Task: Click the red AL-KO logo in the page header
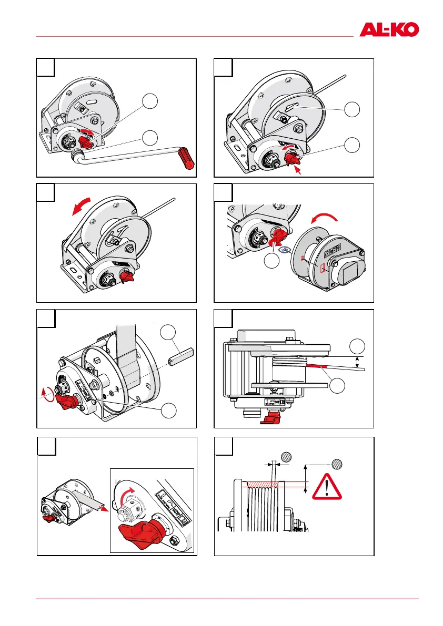(x=389, y=29)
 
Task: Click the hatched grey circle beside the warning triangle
(x=337, y=465)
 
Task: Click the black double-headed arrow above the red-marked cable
(x=358, y=362)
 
